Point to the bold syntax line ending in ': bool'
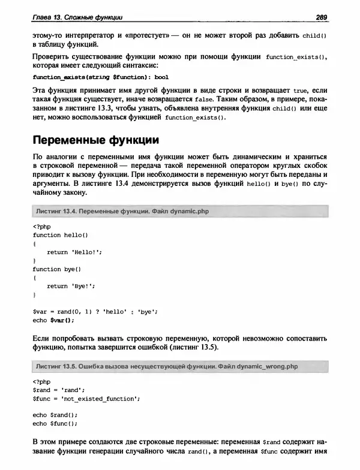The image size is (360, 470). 92,77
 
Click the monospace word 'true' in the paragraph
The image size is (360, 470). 301,89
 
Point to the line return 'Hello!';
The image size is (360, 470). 74,252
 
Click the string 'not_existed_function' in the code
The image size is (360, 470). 100,397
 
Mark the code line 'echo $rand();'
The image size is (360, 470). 55,415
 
